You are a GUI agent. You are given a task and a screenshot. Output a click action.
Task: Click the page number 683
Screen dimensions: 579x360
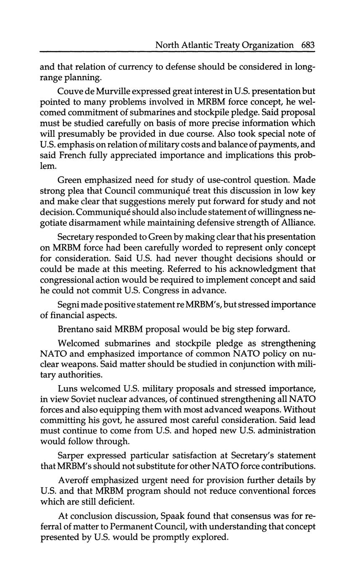308,45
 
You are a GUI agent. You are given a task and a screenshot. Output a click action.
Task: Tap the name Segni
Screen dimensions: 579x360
70,304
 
